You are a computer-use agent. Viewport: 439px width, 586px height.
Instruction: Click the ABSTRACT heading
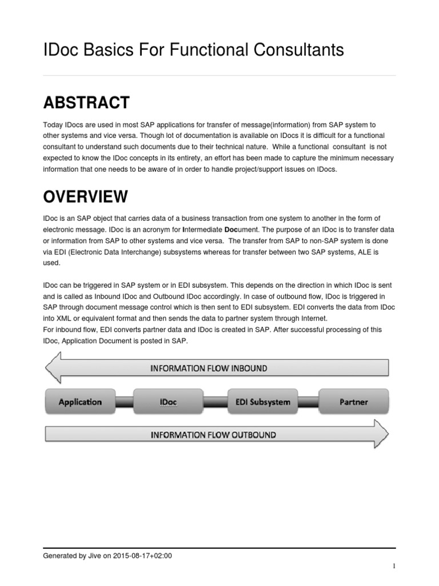(86, 103)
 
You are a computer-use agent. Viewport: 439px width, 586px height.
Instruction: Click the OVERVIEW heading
(86, 197)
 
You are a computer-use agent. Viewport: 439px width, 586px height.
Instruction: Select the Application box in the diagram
(80, 402)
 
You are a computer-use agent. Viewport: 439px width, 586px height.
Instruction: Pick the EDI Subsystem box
(262, 402)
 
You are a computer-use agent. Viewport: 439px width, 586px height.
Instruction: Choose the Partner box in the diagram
(353, 402)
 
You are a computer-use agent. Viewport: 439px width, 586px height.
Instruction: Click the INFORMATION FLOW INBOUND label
(208, 369)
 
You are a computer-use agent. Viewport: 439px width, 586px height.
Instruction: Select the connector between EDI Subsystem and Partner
(311, 402)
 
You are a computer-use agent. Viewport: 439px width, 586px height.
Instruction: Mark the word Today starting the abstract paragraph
(53, 125)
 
